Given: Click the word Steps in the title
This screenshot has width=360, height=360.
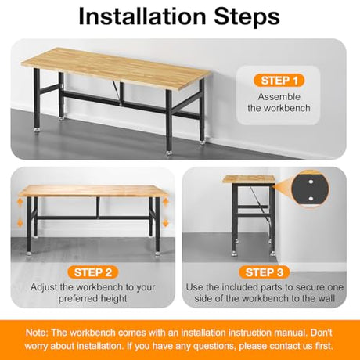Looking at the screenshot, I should point(248,17).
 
